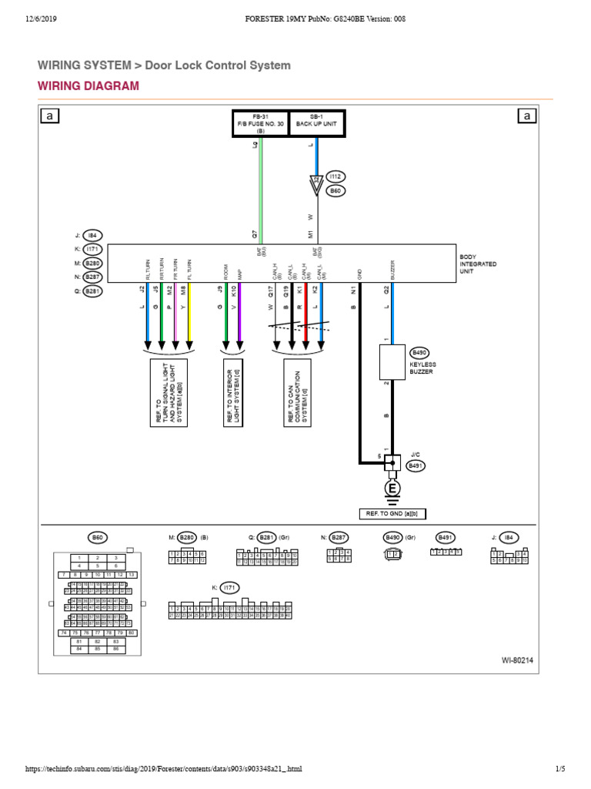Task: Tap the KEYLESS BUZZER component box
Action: tap(392, 362)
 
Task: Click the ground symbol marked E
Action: tap(392, 489)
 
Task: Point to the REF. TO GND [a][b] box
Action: tap(392, 514)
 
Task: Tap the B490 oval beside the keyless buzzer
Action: tap(420, 351)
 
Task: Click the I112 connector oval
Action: tap(336, 176)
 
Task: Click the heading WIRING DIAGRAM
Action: tap(88, 86)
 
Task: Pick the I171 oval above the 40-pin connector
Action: tap(229, 587)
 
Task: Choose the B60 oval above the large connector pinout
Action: tap(98, 538)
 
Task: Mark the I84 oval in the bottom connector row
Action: tap(509, 538)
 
